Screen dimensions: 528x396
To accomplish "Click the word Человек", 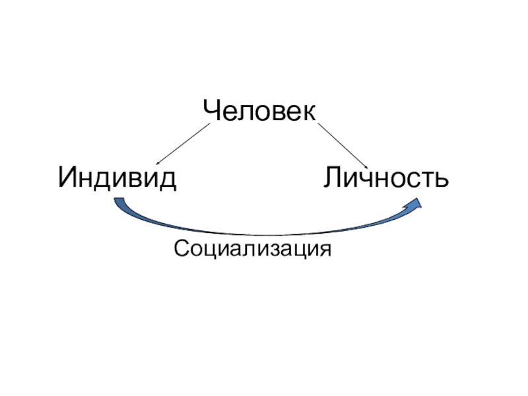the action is coord(259,111).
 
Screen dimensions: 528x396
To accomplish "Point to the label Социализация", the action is coord(251,249).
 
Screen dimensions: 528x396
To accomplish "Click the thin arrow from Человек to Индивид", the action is coord(182,143).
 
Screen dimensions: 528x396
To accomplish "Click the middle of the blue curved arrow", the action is coord(264,232).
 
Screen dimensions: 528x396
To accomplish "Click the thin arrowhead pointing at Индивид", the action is coord(158,161).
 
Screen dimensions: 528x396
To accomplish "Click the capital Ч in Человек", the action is coord(211,111).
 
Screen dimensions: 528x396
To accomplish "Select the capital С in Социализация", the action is coord(179,249).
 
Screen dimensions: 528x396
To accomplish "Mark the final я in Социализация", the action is coord(324,251).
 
